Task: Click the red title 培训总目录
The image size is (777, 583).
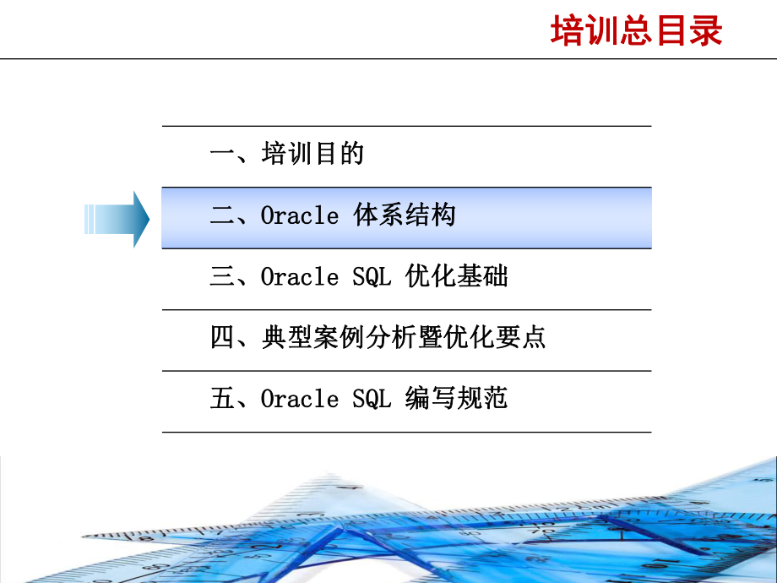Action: point(637,32)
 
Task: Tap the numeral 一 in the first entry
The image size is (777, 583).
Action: point(221,155)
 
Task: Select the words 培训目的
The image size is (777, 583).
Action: point(312,155)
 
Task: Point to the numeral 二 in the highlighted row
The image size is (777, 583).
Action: point(221,215)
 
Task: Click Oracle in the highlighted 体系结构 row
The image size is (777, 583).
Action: point(299,215)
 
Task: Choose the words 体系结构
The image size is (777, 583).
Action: point(404,215)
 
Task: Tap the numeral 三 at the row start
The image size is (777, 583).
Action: point(221,276)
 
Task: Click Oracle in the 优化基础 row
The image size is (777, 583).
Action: point(299,276)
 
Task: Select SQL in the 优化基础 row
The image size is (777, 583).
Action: point(372,276)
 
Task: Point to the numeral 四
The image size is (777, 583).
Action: point(221,337)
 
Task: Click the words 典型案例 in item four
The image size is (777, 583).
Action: point(312,337)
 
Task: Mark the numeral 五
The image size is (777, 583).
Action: point(221,398)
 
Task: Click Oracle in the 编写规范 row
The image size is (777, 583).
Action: point(299,398)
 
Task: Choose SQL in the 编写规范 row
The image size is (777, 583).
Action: point(372,398)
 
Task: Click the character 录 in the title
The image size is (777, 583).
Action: point(706,32)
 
